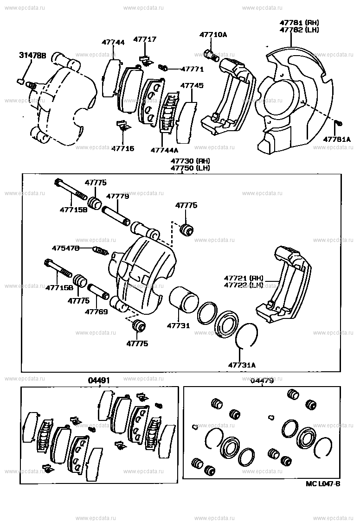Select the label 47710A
click(x=213, y=34)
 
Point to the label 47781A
click(x=338, y=139)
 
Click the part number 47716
click(x=122, y=148)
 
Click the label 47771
click(x=192, y=69)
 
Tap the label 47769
click(x=96, y=312)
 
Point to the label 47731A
click(x=242, y=365)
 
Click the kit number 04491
click(x=99, y=381)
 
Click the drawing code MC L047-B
click(x=323, y=484)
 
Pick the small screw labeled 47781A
click(x=339, y=123)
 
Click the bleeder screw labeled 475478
click(x=101, y=252)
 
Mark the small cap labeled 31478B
click(x=20, y=82)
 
